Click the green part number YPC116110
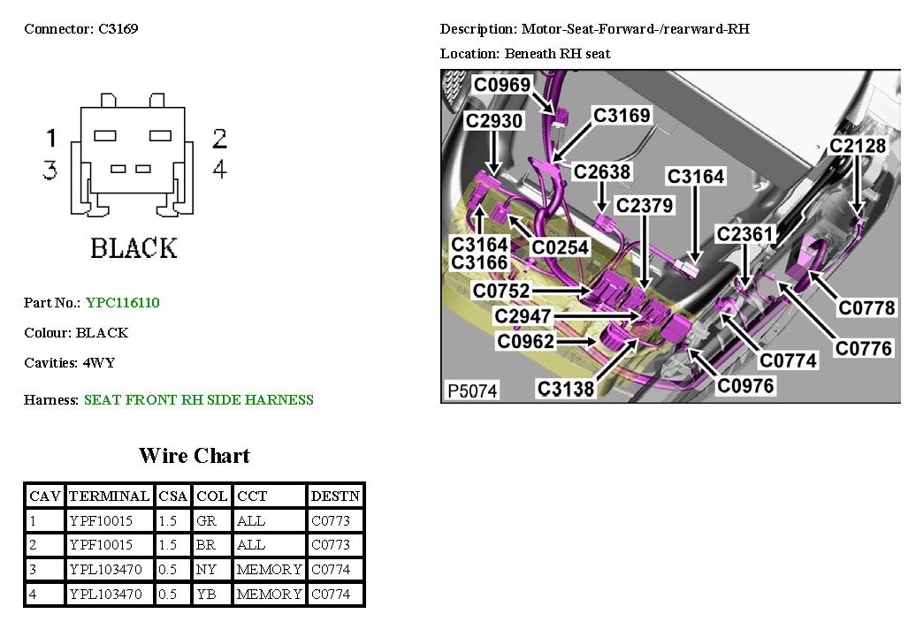point(123,302)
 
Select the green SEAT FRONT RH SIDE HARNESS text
point(198,399)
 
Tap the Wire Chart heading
point(194,456)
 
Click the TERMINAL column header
point(110,496)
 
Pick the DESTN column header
point(335,496)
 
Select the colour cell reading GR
point(206,520)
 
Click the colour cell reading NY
point(206,569)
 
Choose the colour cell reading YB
point(206,594)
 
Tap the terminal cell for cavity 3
point(110,569)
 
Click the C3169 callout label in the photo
point(622,115)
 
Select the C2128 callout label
point(858,146)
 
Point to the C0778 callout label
point(866,307)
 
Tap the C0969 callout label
point(502,85)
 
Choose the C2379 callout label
point(645,205)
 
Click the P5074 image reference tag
point(472,390)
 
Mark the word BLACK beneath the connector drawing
point(134,248)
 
